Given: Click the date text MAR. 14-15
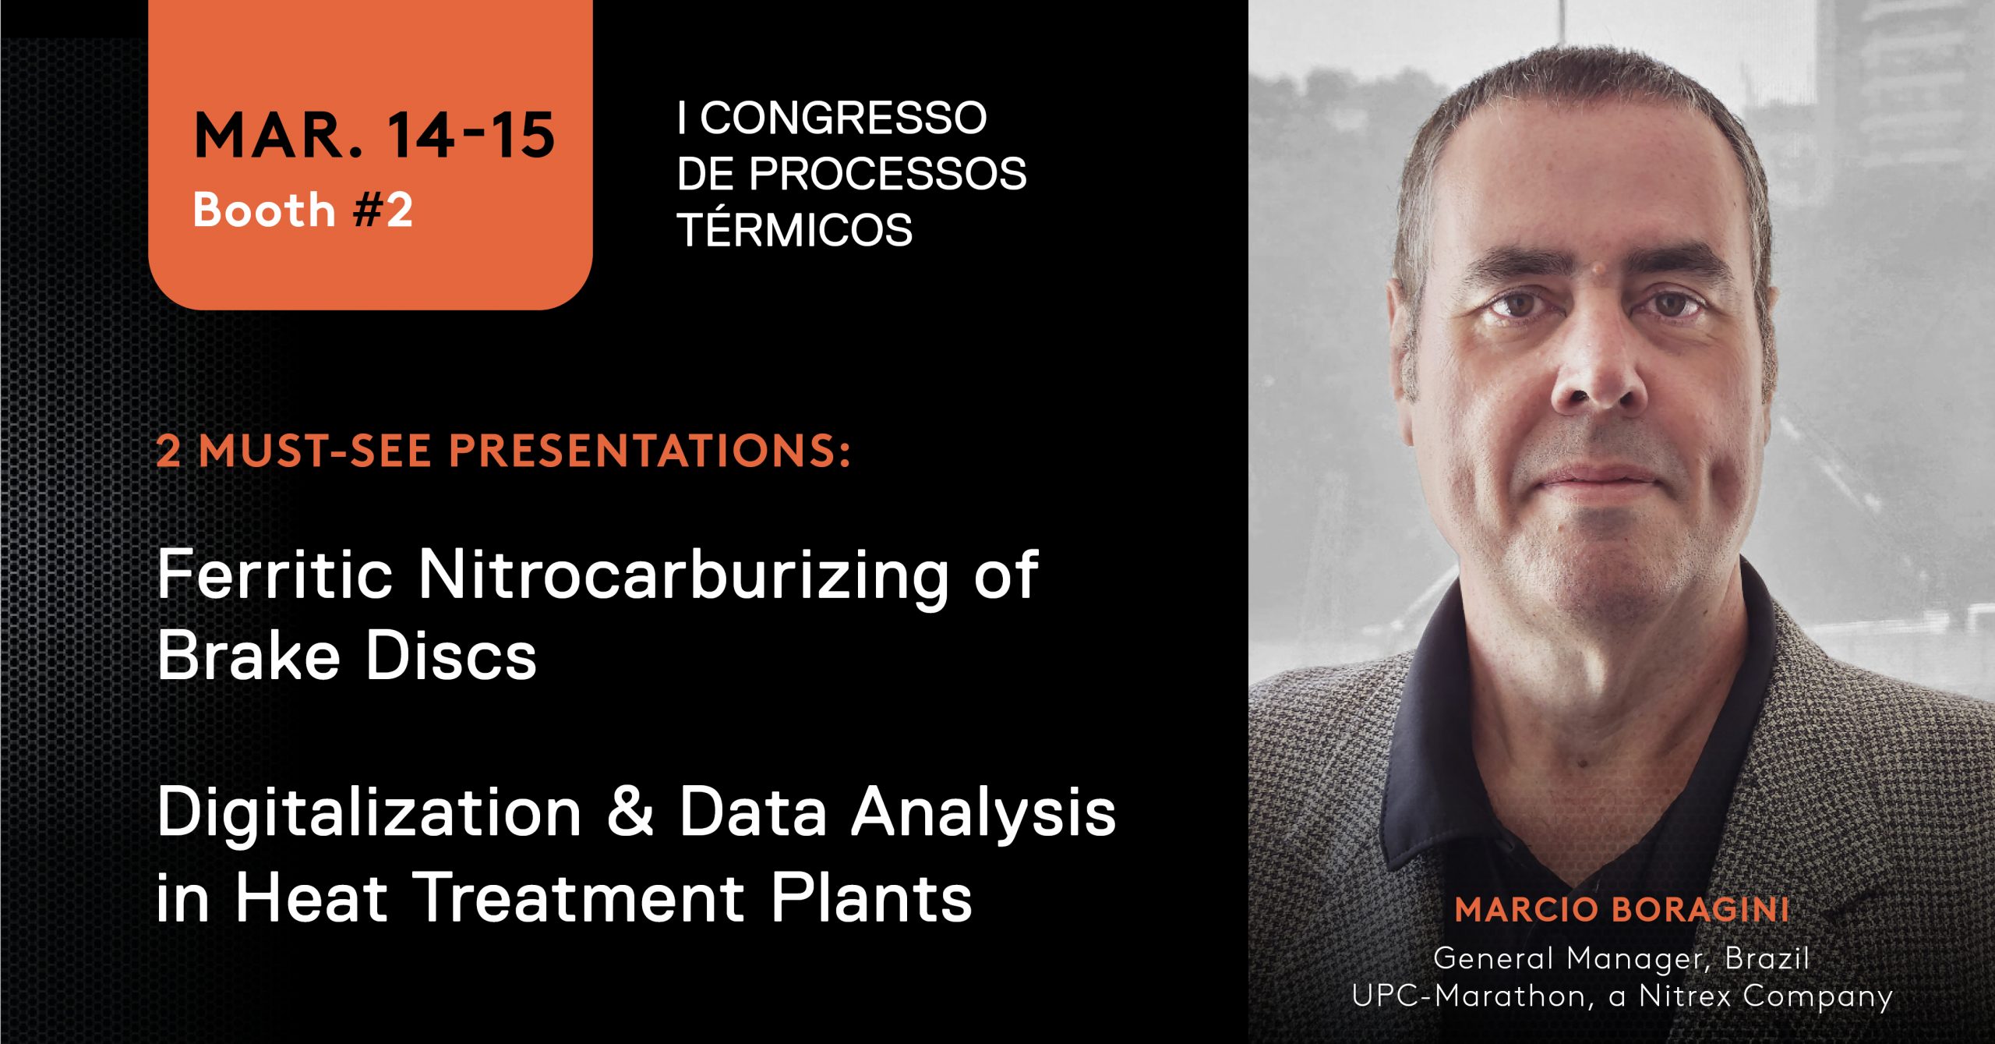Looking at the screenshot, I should click(374, 136).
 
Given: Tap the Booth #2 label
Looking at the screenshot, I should click(302, 210).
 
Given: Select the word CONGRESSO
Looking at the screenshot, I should click(843, 119).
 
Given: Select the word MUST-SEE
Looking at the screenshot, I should click(315, 451).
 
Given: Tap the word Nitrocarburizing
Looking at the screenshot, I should click(683, 575).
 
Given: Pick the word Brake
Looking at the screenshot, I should click(249, 656).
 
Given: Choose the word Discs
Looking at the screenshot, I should click(451, 656).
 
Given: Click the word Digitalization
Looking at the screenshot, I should click(369, 813).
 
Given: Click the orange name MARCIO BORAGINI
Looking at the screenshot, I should click(1622, 910).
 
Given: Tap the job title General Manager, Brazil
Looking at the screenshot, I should click(1621, 958).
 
